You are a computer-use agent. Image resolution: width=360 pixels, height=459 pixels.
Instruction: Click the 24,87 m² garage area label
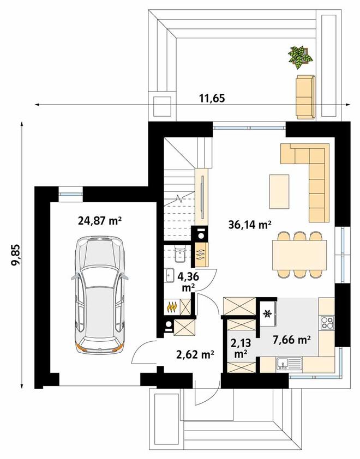point(100,221)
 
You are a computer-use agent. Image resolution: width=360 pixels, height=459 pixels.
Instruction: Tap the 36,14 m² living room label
point(250,225)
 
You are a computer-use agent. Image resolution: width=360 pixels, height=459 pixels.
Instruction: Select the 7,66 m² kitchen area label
point(291,340)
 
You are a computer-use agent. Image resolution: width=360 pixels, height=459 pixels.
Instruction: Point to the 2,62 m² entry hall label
point(195,354)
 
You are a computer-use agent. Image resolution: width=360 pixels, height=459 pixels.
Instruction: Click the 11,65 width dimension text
point(212,98)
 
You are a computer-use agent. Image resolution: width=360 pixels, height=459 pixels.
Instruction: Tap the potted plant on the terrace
point(300,57)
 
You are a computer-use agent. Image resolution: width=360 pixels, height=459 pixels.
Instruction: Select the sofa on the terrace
point(306,97)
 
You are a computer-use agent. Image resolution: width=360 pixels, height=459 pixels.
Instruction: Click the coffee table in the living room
point(279,191)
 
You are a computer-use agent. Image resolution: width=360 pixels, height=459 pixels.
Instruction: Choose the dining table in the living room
point(299,255)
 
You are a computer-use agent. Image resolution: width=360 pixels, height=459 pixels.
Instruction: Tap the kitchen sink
point(289,365)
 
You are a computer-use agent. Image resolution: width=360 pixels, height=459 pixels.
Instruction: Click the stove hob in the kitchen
point(327,323)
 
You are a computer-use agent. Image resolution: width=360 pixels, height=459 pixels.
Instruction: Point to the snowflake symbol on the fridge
point(267,314)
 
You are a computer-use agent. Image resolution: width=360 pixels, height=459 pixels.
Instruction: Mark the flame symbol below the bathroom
point(171,307)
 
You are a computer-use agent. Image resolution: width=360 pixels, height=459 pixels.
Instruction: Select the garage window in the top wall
point(70,194)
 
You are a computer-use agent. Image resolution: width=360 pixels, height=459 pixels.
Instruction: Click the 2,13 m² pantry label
point(241,348)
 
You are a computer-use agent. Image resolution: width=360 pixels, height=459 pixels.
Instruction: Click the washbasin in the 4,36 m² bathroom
point(170,275)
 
